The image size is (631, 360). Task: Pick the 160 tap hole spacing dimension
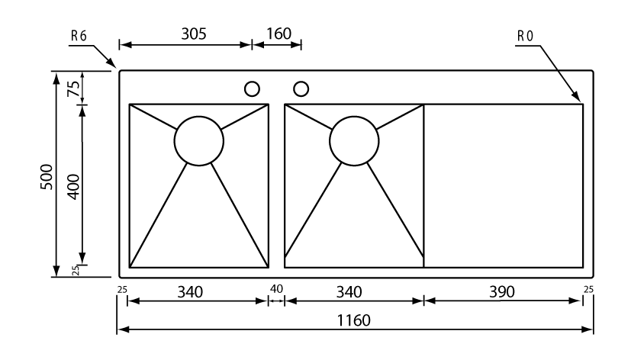[x=278, y=34]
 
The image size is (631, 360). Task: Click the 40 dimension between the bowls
[x=275, y=290]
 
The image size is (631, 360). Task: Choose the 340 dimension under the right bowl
[x=348, y=291]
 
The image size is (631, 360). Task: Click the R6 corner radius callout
[x=79, y=36]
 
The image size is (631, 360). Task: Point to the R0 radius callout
[x=526, y=36]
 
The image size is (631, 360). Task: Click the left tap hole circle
[x=251, y=88]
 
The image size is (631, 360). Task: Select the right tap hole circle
[x=301, y=88]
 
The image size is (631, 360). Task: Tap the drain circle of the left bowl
[x=199, y=140]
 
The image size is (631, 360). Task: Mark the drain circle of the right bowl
[x=354, y=140]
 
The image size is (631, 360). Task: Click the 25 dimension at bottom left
[x=121, y=289]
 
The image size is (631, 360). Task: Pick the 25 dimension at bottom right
[x=587, y=289]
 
